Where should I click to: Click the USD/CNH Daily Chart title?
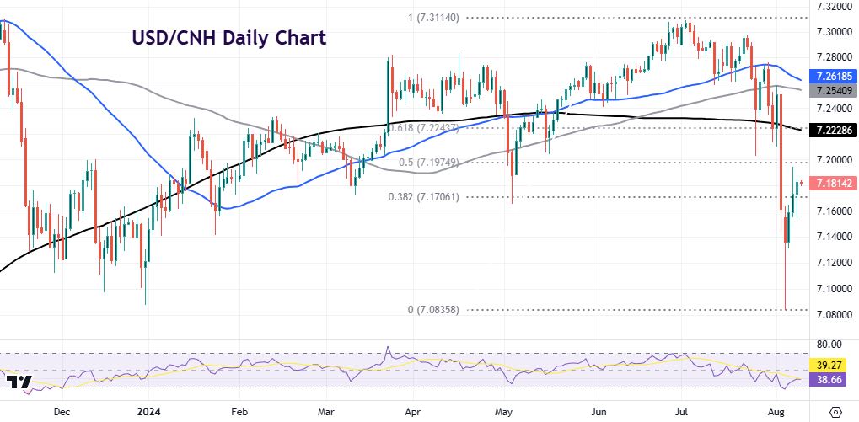pos(228,38)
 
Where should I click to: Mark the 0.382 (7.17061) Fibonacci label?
pos(424,196)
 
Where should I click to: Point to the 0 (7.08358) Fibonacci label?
pos(433,310)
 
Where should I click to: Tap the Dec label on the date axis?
pos(61,413)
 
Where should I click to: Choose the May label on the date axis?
pos(504,413)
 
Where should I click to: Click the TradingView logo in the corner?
pos(19,383)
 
